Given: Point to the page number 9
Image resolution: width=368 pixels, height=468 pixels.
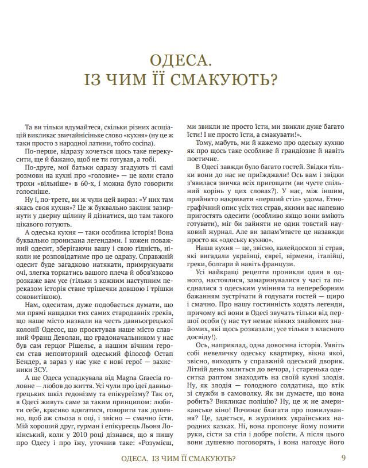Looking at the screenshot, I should point(343,458).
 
